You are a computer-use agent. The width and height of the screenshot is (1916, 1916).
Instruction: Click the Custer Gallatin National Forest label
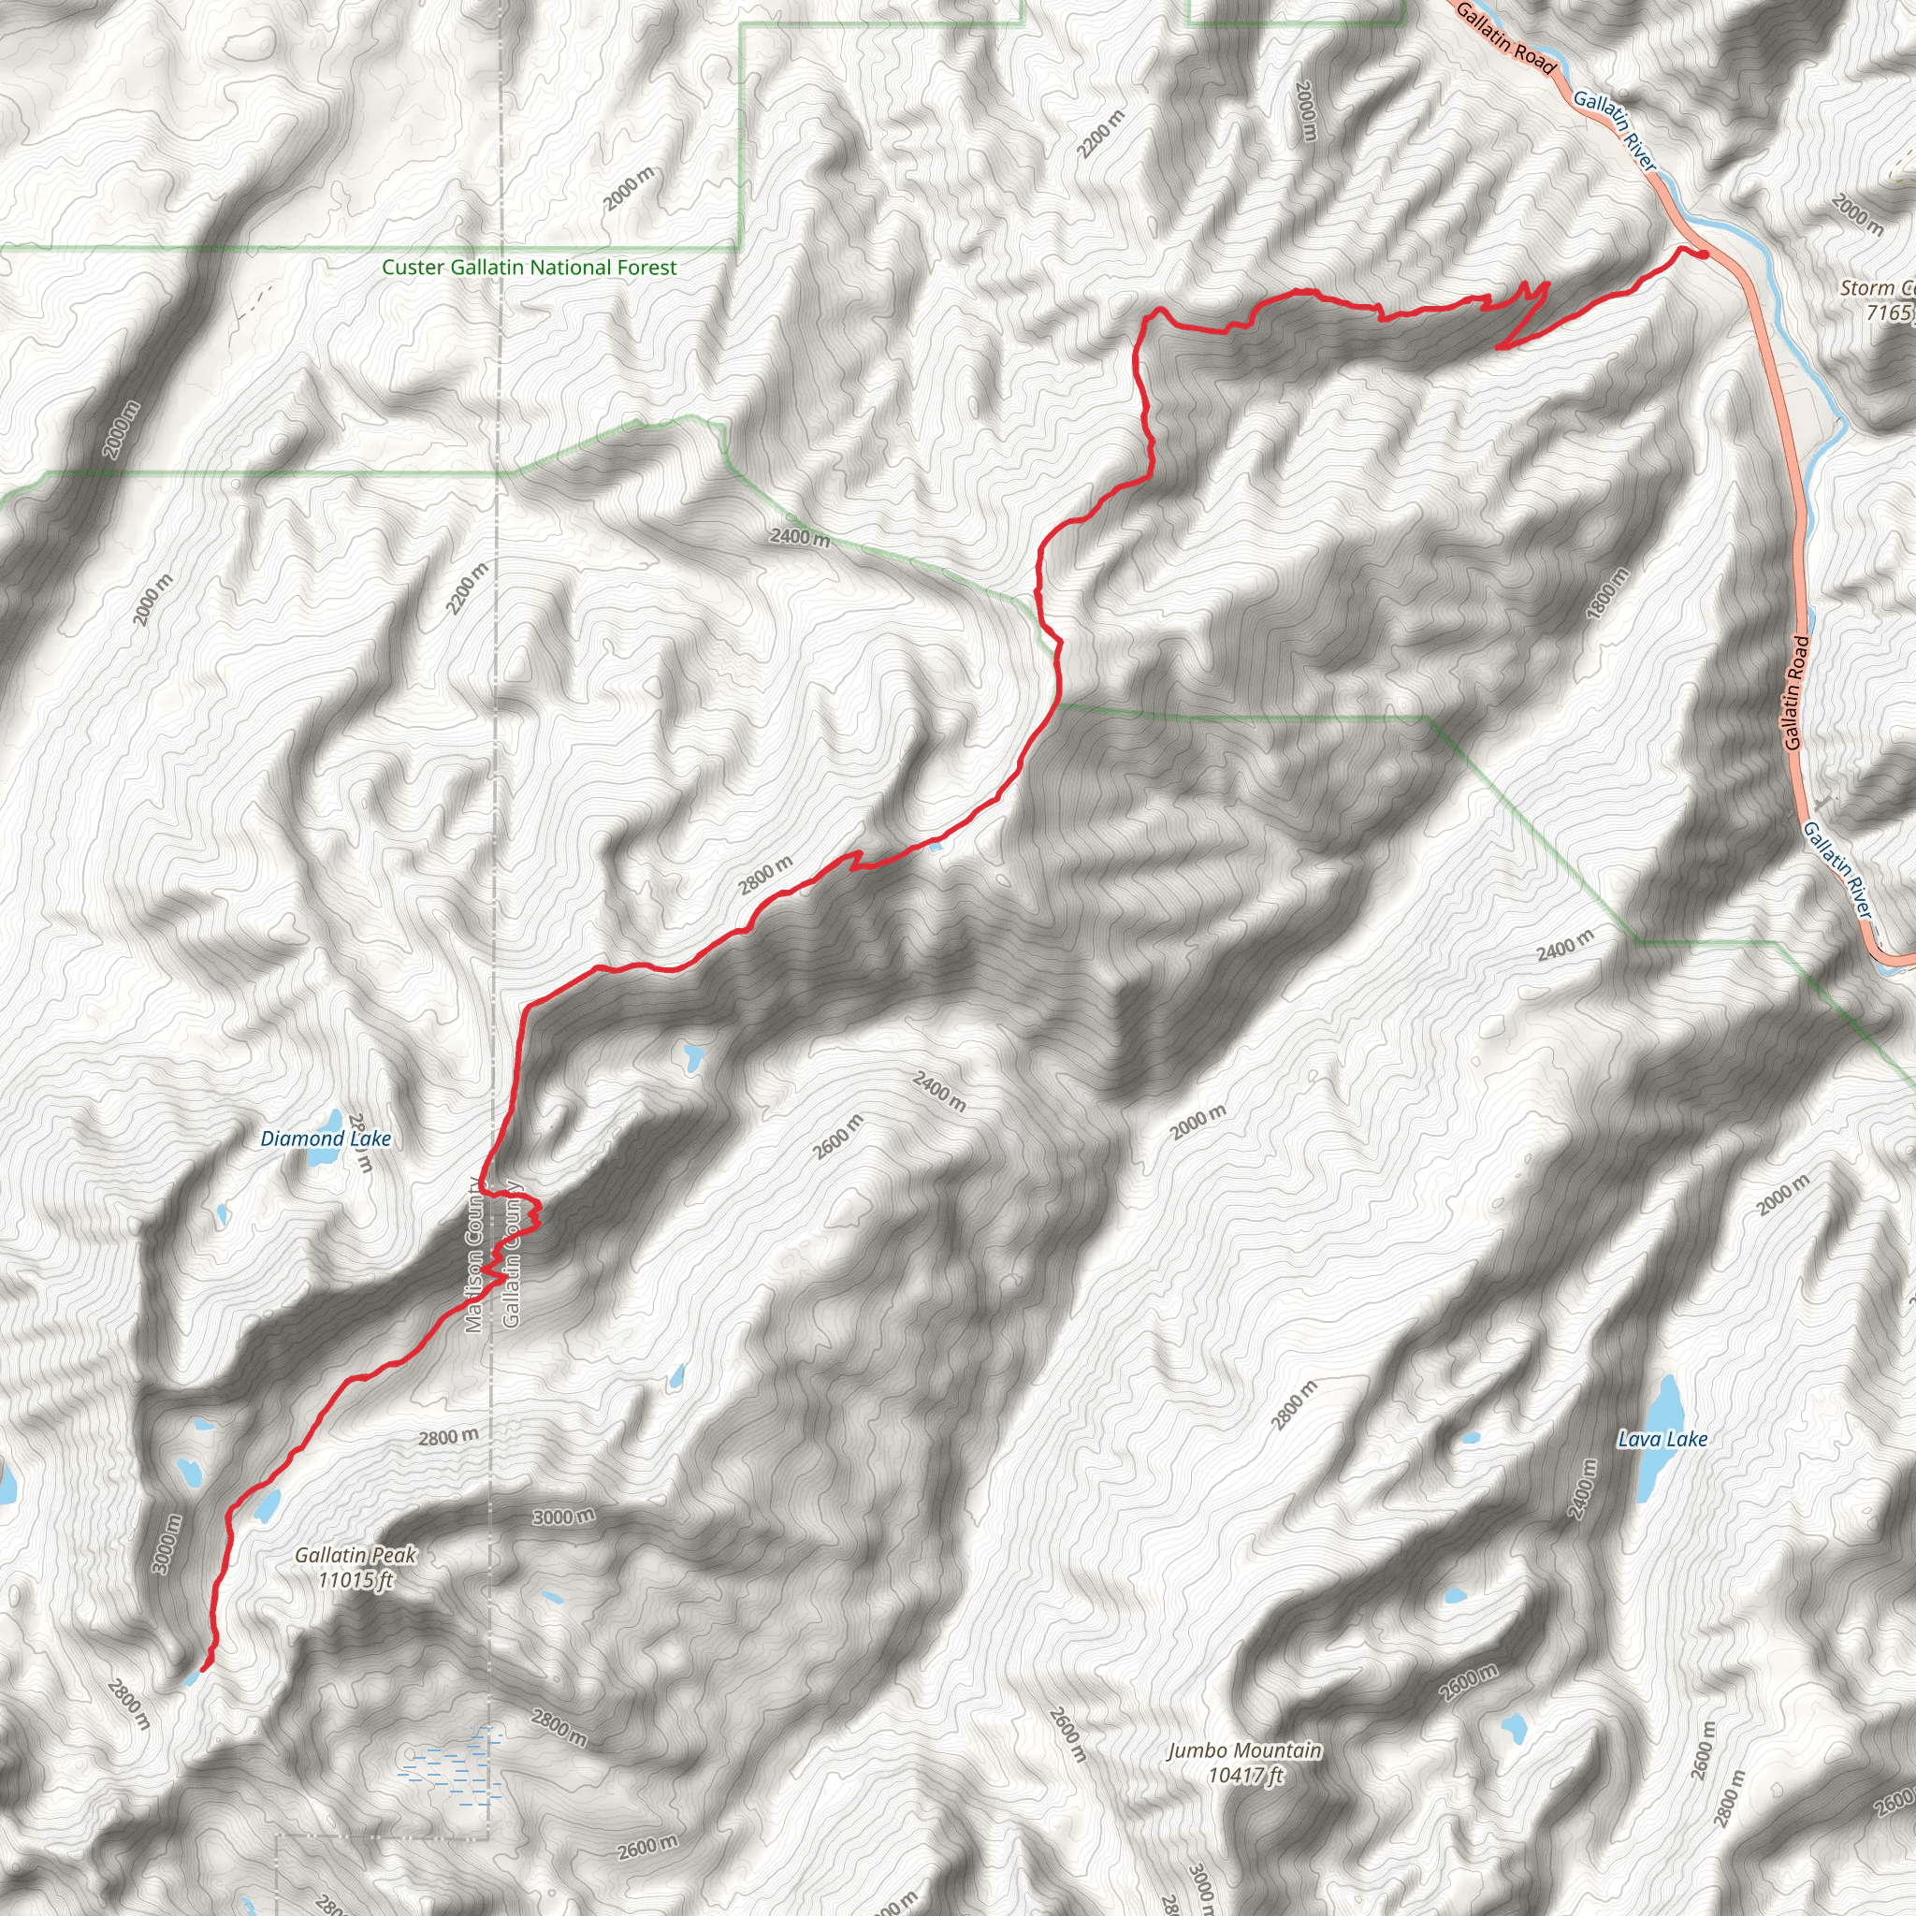(x=529, y=268)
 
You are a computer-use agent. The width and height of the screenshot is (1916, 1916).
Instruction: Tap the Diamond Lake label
(x=326, y=1139)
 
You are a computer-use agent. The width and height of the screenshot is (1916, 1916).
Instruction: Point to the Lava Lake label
(x=1662, y=1439)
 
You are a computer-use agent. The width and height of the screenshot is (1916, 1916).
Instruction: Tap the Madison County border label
(x=474, y=1256)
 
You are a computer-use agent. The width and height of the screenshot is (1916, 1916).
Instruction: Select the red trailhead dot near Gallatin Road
(x=1703, y=254)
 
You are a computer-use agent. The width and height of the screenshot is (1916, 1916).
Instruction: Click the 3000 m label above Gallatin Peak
(x=563, y=1517)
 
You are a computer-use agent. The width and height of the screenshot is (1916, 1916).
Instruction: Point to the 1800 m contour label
(x=1607, y=593)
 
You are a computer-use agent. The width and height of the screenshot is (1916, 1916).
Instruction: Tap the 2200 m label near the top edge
(x=1101, y=133)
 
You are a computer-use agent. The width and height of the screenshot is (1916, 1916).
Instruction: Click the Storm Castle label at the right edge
(x=1879, y=299)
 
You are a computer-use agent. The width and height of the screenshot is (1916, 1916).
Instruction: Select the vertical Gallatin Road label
(x=1796, y=692)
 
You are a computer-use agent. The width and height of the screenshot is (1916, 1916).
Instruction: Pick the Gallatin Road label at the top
(x=1505, y=37)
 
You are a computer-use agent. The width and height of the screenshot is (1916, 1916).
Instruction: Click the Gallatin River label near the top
(x=1615, y=130)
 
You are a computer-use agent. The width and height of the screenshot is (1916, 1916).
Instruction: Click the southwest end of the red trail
(x=203, y=1670)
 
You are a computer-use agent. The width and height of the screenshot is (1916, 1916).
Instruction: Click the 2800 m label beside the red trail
(x=765, y=876)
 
